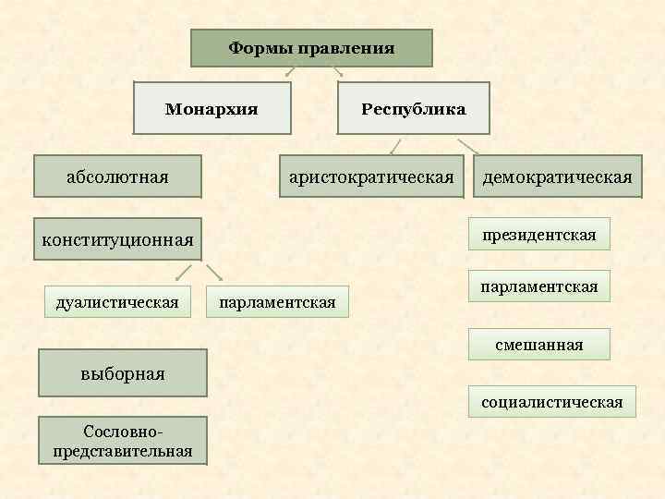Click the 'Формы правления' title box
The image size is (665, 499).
tap(311, 48)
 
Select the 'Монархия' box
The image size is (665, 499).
tap(212, 109)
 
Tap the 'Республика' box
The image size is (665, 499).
tap(413, 109)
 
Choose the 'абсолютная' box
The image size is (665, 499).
tap(117, 176)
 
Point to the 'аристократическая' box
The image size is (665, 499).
tap(370, 176)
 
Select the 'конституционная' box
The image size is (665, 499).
tap(117, 240)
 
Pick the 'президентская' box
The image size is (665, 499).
tap(538, 235)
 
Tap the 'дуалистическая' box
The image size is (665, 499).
tap(117, 300)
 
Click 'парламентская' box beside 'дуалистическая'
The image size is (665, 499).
tap(277, 301)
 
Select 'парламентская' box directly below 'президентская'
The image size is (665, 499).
tap(538, 286)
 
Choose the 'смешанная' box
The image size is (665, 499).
tap(538, 345)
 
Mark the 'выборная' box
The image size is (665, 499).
tap(123, 372)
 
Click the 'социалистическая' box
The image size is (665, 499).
tap(551, 402)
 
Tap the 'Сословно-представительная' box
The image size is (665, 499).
tap(123, 441)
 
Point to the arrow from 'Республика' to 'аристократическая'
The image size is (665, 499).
tap(395, 145)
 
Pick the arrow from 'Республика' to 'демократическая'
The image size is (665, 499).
tap(468, 145)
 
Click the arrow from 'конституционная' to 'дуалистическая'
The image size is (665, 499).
tap(184, 273)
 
